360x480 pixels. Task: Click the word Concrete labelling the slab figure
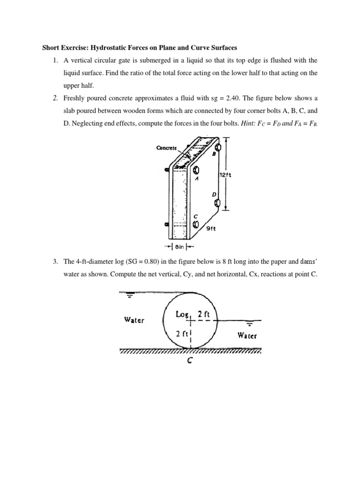coord(166,148)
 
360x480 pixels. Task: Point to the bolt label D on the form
coord(213,194)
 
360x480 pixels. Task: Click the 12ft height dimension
coord(226,175)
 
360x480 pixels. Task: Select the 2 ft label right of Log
coord(204,314)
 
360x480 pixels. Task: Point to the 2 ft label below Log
coord(180,334)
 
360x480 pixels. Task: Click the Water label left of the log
coord(134,320)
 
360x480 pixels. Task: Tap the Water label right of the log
coord(247,335)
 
